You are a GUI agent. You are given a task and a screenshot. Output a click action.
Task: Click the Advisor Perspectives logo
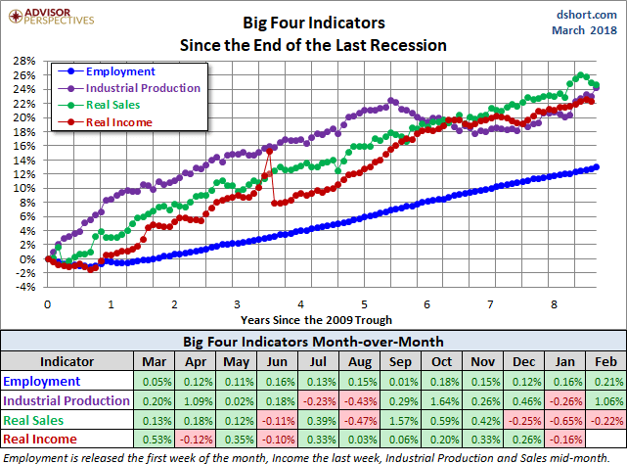pyautogui.click(x=49, y=17)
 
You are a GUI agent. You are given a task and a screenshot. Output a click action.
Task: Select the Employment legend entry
pyautogui.click(x=119, y=71)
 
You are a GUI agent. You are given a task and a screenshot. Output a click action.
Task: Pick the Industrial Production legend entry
pyautogui.click(x=143, y=88)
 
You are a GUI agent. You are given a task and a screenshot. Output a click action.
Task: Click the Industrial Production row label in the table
pyautogui.click(x=66, y=400)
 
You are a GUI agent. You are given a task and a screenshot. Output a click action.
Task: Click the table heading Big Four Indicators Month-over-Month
pyautogui.click(x=312, y=342)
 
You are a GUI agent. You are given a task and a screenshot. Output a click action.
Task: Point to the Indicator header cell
pyautogui.click(x=66, y=362)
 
